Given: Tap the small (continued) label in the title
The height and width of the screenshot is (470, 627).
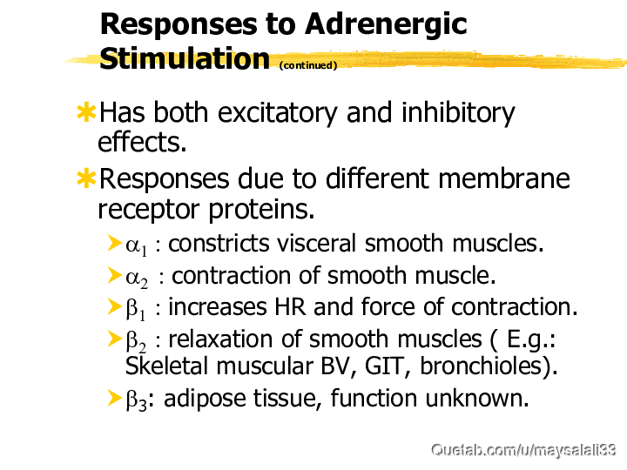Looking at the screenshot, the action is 308,65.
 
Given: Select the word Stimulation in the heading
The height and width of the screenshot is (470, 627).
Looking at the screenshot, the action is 185,58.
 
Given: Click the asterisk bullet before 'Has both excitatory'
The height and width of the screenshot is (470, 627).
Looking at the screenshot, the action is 86,112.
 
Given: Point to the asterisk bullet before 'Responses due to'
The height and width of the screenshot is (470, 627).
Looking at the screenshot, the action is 86,178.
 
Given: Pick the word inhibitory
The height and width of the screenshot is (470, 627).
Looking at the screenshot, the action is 458,113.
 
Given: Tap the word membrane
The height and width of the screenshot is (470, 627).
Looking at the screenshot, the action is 504,178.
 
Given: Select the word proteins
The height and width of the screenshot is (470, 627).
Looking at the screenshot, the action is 261,210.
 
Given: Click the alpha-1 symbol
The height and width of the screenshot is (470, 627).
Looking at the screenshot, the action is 137,245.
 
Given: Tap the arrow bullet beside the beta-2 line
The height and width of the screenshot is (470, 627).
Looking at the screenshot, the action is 115,339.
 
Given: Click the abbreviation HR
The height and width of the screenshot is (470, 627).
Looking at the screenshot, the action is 290,307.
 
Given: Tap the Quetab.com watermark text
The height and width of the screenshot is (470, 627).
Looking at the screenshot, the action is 524,450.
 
